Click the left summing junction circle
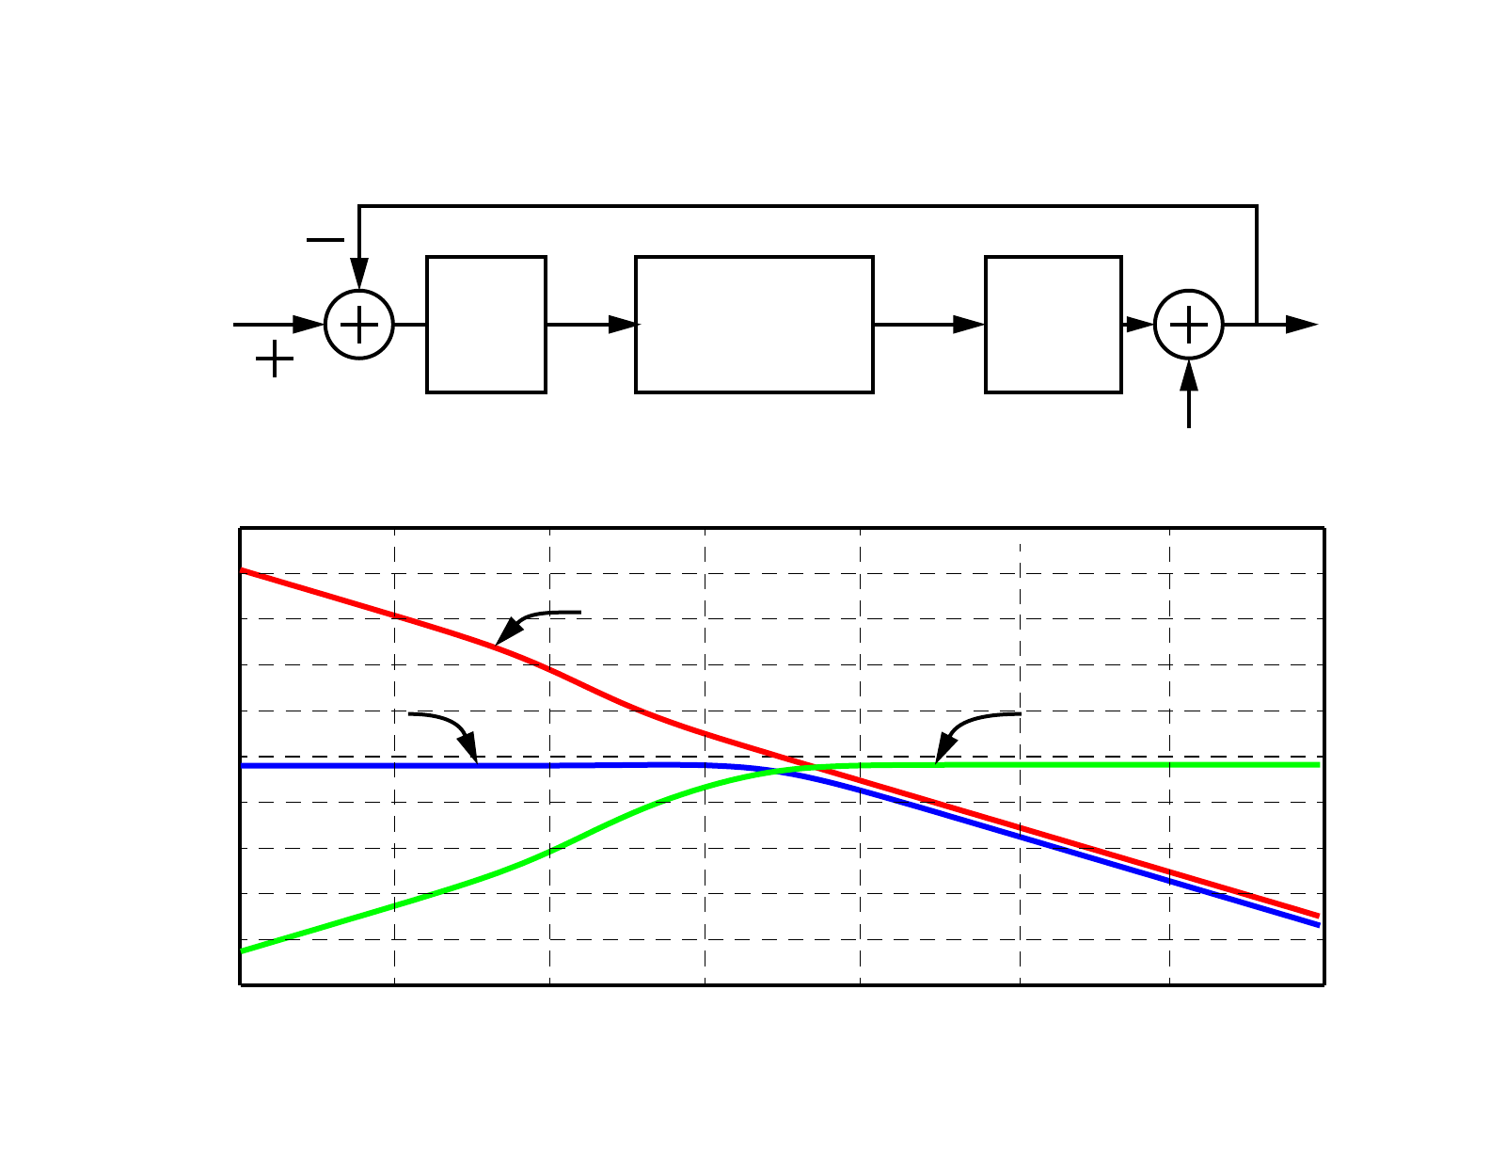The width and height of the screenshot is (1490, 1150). [x=358, y=325]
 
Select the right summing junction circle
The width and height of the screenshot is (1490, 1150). [x=1188, y=325]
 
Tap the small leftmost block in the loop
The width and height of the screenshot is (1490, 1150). [x=485, y=325]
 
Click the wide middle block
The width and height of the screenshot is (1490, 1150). [x=753, y=325]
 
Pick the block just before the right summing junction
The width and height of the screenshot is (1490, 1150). [x=1053, y=325]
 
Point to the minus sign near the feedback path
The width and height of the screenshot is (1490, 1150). [x=325, y=240]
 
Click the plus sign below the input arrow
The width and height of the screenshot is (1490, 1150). [x=275, y=359]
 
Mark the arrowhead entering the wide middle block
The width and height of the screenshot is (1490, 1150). [x=623, y=325]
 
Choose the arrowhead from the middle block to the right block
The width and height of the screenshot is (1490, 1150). [x=969, y=325]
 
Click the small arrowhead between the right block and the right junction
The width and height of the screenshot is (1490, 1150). [x=1140, y=325]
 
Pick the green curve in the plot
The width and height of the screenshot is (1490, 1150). [x=395, y=905]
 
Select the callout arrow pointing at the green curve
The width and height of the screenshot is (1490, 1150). [x=969, y=727]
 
